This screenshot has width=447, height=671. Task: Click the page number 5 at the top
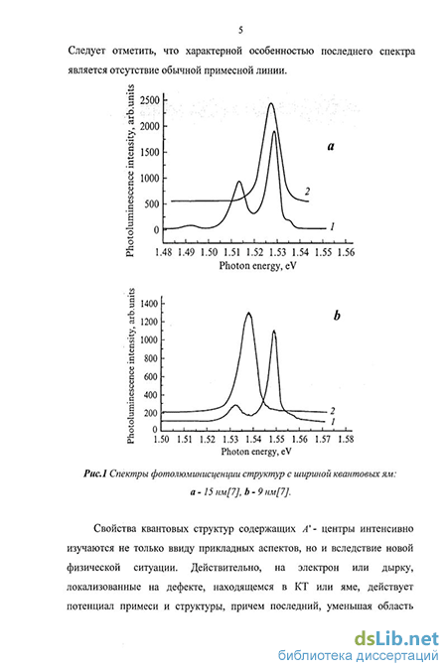pyautogui.click(x=240, y=30)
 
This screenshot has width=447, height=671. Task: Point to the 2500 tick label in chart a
pyautogui.click(x=150, y=100)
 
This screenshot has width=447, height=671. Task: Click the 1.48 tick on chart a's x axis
pyautogui.click(x=164, y=252)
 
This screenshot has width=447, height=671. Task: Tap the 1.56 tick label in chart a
pyautogui.click(x=346, y=252)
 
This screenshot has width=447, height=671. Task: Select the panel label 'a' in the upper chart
pyautogui.click(x=331, y=146)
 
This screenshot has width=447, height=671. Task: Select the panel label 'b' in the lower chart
pyautogui.click(x=337, y=316)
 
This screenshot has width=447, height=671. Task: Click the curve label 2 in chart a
pyautogui.click(x=307, y=192)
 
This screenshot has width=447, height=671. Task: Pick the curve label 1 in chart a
pyautogui.click(x=332, y=227)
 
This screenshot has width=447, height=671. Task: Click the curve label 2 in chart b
pyautogui.click(x=332, y=411)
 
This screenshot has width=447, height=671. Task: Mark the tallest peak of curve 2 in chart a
pyautogui.click(x=271, y=103)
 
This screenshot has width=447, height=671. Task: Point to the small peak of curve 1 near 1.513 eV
pyautogui.click(x=239, y=183)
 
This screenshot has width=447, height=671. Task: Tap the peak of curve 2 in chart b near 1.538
pyautogui.click(x=248, y=314)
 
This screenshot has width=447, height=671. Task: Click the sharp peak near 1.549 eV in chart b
pyautogui.click(x=274, y=332)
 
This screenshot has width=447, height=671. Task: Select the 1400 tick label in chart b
pyautogui.click(x=150, y=304)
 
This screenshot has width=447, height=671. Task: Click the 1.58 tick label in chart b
pyautogui.click(x=346, y=439)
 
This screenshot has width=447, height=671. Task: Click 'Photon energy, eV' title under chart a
pyautogui.click(x=257, y=266)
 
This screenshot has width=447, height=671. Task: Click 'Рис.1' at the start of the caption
pyautogui.click(x=94, y=473)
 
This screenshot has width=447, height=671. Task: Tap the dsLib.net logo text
pyautogui.click(x=396, y=639)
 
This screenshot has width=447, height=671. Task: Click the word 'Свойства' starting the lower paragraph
pyautogui.click(x=112, y=529)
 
